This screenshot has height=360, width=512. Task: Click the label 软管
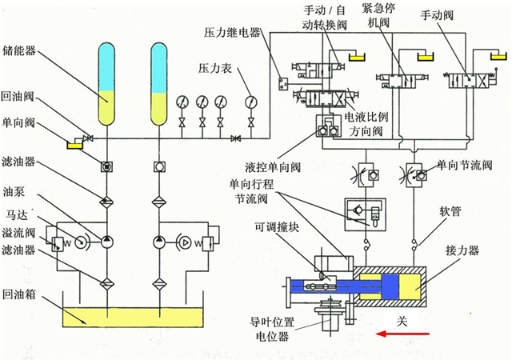pyautogui.click(x=450, y=214)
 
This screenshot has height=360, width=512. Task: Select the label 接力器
pyautogui.click(x=462, y=250)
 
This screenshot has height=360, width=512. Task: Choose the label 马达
pyautogui.click(x=15, y=214)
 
